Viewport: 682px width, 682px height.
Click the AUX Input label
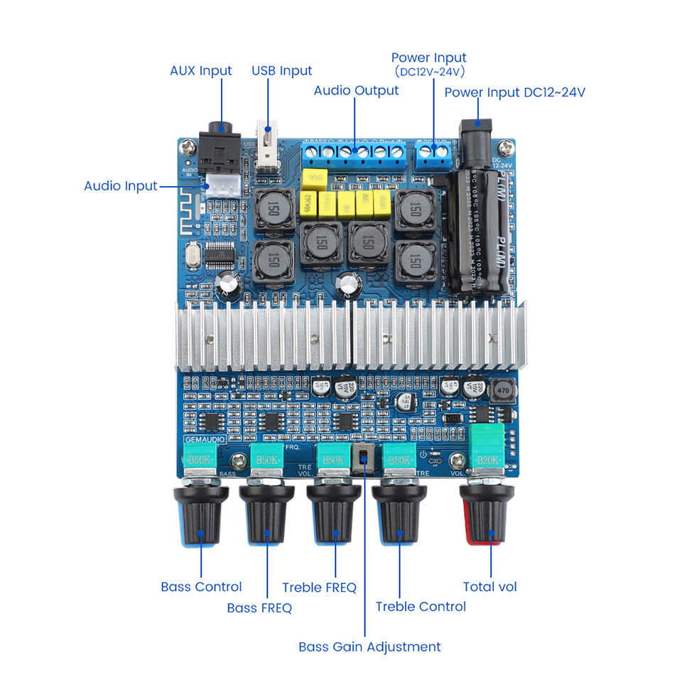pos(200,71)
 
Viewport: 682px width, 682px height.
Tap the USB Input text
pos(281,71)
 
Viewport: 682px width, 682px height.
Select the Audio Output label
pos(356,90)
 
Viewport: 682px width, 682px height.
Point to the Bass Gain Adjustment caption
pos(369,646)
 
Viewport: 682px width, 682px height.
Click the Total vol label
pos(489,587)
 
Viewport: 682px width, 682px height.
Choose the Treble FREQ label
pos(319,588)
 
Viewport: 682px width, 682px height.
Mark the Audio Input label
pos(120,186)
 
